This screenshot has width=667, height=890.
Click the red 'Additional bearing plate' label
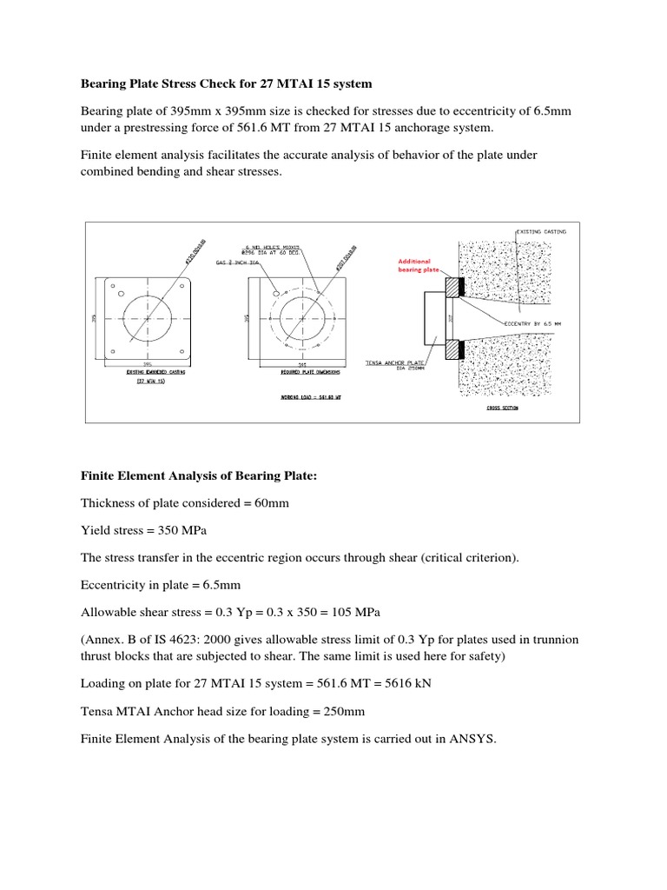413,265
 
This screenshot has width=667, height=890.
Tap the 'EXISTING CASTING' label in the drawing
542,232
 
